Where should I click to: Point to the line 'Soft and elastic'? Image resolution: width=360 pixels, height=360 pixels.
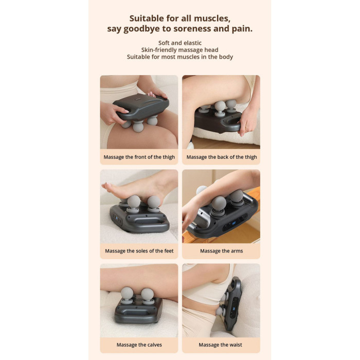click(179, 43)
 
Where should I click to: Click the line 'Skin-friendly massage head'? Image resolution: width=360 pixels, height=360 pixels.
click(179, 50)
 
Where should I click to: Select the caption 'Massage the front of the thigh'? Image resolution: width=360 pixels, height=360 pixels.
click(139, 157)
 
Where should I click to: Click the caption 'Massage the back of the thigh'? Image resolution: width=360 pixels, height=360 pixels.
click(221, 157)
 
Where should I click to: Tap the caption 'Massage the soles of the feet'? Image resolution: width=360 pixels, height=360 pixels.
click(139, 251)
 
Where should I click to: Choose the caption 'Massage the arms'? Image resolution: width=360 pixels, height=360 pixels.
click(221, 251)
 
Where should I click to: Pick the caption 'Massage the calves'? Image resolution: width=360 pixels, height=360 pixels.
click(139, 345)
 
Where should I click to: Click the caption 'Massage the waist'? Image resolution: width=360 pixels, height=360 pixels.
click(221, 345)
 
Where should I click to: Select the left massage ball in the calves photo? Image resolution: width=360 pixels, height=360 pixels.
click(127, 294)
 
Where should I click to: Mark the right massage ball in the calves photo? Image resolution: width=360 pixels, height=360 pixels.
click(148, 294)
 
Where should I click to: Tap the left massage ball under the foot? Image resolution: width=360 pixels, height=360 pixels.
click(134, 202)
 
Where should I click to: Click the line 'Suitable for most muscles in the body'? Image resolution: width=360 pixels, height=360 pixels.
click(179, 57)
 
